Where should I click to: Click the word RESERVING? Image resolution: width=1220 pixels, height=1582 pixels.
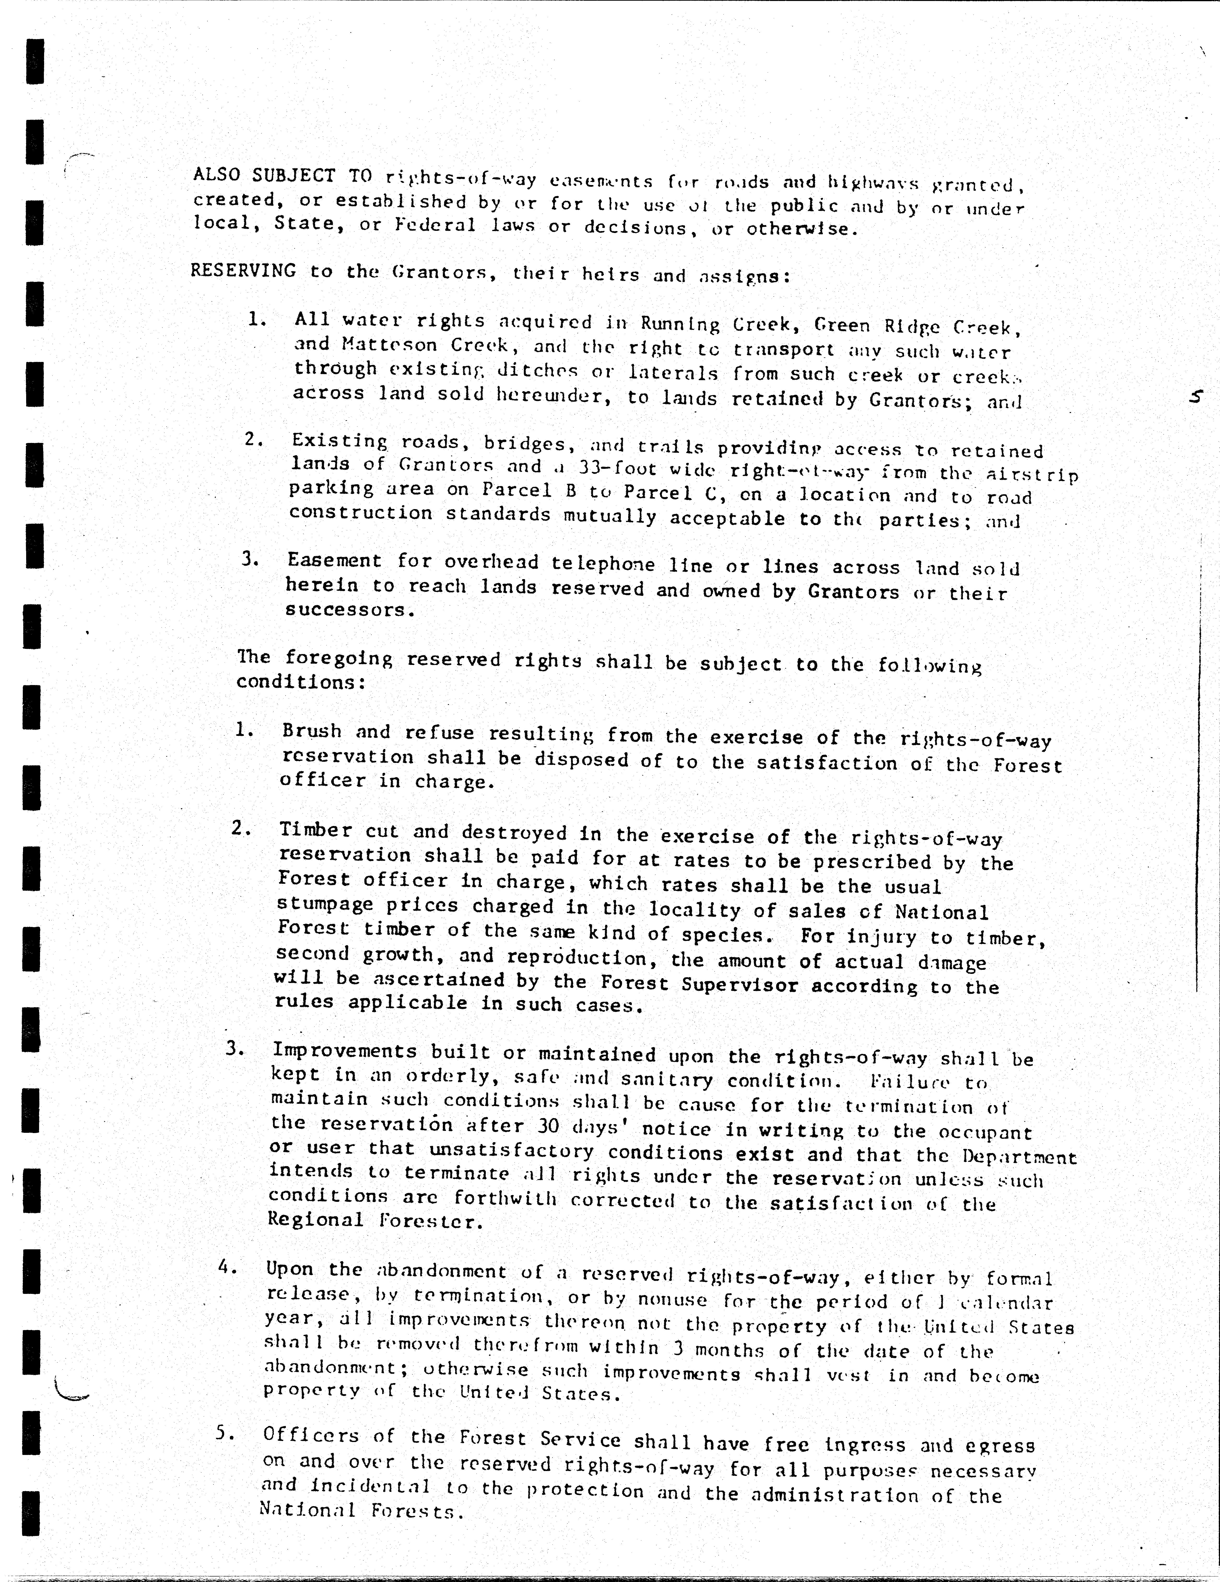(243, 271)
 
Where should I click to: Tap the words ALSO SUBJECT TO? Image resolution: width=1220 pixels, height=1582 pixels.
(282, 176)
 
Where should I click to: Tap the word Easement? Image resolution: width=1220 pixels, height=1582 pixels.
(334, 561)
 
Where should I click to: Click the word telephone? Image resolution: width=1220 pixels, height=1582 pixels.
(603, 564)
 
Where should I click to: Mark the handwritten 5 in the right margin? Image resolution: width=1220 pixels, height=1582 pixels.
(1196, 397)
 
